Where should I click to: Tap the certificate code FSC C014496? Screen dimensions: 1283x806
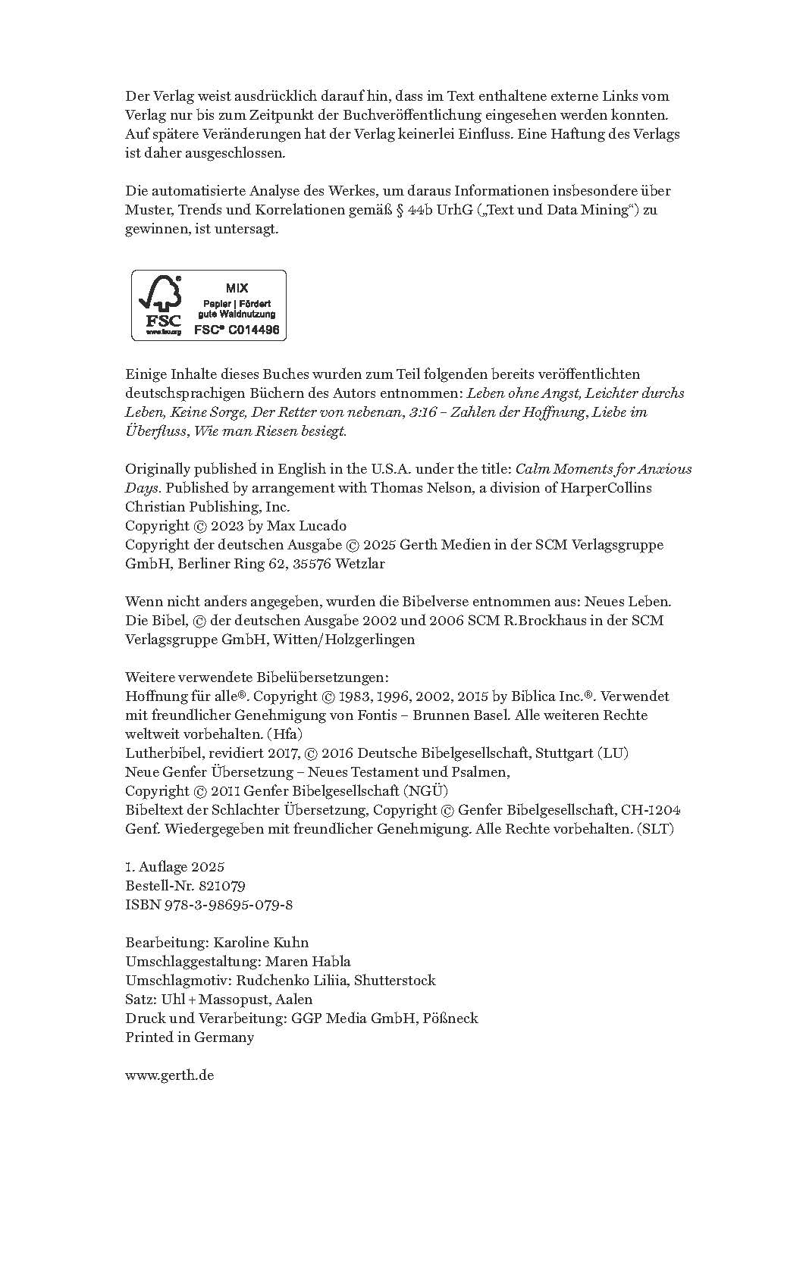click(x=237, y=330)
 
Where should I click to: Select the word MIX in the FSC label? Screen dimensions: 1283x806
click(x=237, y=288)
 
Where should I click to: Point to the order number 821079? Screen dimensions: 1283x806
click(x=221, y=886)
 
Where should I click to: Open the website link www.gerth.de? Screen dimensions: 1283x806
click(x=169, y=1075)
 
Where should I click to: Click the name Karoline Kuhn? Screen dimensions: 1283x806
click(x=261, y=943)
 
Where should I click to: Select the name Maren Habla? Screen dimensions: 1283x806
click(x=307, y=962)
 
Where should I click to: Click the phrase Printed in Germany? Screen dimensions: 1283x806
click(x=190, y=1037)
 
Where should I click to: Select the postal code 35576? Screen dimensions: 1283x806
click(x=312, y=564)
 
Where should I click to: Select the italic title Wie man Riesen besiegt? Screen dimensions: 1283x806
click(x=270, y=431)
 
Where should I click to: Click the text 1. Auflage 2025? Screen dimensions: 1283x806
click(x=174, y=867)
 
